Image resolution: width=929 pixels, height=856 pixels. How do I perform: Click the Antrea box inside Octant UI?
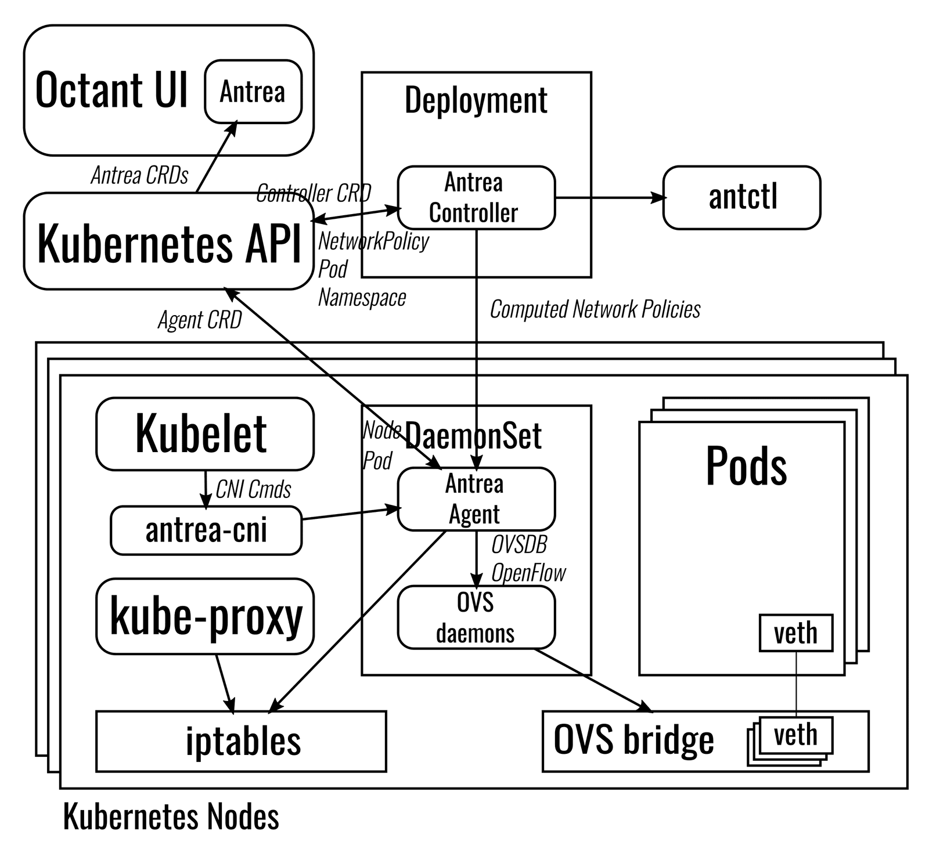click(253, 92)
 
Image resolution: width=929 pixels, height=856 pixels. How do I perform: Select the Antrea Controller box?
click(476, 198)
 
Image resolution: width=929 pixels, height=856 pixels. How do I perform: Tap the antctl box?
click(741, 198)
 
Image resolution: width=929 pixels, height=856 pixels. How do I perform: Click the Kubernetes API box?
click(168, 242)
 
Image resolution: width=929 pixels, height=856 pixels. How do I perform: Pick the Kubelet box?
click(204, 434)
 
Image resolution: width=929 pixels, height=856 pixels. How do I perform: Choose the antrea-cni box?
click(206, 530)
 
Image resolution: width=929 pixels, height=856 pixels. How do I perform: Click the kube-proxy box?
click(204, 616)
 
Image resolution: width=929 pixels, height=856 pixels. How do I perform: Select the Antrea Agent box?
click(476, 499)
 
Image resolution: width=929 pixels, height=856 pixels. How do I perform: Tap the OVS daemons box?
click(476, 617)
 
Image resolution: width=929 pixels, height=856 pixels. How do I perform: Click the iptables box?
click(241, 741)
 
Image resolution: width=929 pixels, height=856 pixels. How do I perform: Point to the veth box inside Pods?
click(795, 633)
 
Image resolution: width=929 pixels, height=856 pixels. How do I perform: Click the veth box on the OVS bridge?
click(795, 735)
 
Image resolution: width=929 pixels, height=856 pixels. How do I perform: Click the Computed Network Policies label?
click(595, 309)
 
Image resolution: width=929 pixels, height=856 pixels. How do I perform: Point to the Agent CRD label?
click(200, 320)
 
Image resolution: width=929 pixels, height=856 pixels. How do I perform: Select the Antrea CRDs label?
click(139, 175)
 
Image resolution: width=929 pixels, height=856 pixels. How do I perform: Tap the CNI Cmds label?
click(253, 490)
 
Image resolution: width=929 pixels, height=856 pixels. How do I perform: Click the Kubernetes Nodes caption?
click(171, 817)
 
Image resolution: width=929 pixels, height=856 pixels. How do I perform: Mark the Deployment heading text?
click(476, 100)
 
